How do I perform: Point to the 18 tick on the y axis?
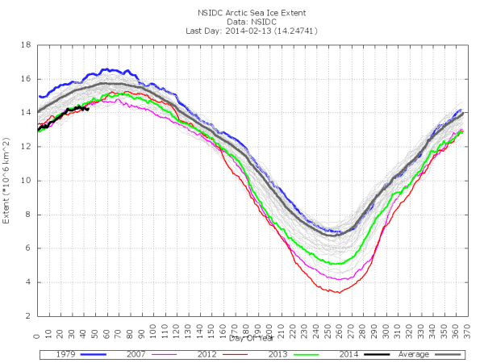27,45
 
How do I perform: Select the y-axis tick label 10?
27,181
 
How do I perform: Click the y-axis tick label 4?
30,282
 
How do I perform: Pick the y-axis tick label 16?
27,79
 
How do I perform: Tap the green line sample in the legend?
312,353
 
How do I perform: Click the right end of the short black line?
87,109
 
